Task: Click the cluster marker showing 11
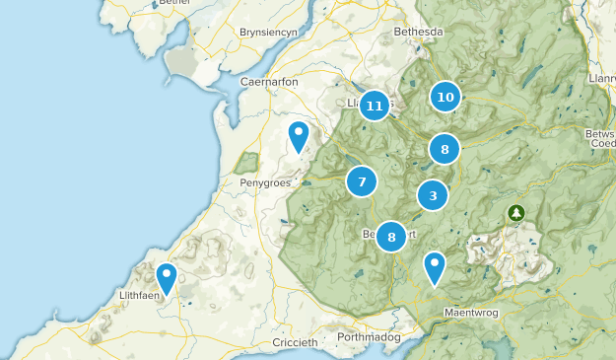374,105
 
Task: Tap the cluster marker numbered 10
445,97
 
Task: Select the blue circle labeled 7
362,181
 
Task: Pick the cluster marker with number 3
433,195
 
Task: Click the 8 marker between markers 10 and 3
445,149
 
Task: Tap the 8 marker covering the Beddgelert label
391,236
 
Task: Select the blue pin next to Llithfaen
167,278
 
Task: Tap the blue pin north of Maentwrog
434,267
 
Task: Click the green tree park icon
515,212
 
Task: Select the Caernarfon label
269,82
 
